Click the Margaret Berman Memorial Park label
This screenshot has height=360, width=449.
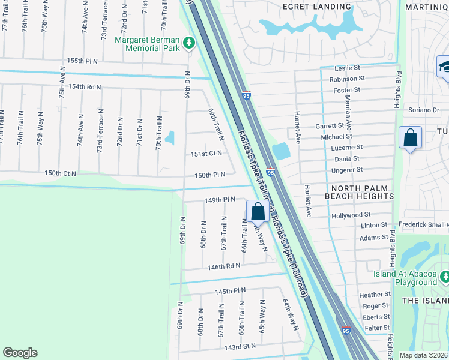coord(147,44)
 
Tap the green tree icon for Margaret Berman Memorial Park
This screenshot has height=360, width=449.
coord(190,43)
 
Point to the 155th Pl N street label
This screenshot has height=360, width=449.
coord(83,61)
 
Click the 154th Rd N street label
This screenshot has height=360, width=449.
coord(85,86)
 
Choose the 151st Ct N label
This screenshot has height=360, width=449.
coord(206,153)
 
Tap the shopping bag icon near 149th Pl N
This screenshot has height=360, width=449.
coord(258,211)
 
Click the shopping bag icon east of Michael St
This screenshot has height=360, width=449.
coord(411,137)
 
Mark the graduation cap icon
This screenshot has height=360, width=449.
coord(444,66)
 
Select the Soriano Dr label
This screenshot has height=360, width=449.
coord(424,110)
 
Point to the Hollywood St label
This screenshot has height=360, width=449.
coord(351,215)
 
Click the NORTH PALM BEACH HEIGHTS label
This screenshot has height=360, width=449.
coord(359,191)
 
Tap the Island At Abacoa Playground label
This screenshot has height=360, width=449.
coord(406,278)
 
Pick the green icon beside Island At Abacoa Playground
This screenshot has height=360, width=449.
coord(445,277)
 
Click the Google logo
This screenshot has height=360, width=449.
coord(20,353)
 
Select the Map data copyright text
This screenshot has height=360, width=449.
coord(424,355)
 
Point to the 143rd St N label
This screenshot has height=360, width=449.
coord(240,346)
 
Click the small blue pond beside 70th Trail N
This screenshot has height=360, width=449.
coord(170,138)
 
